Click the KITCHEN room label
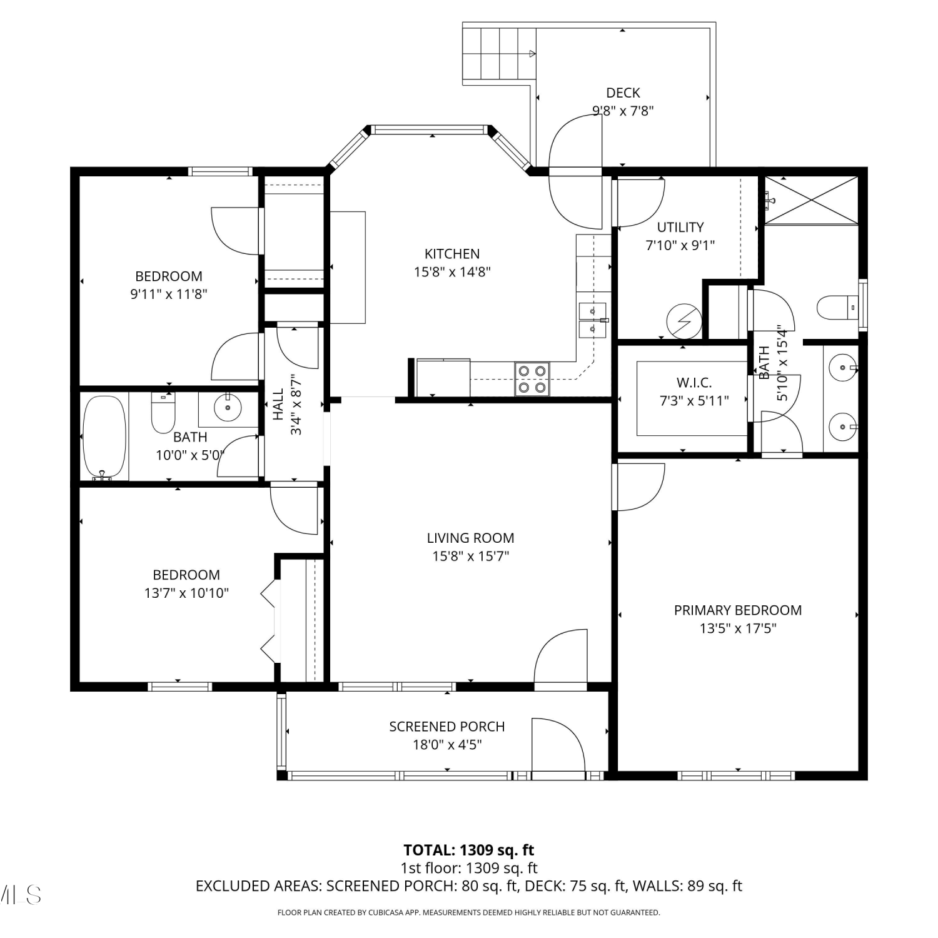pyautogui.click(x=452, y=254)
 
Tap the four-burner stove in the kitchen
pyautogui.click(x=532, y=379)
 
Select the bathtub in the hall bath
pyautogui.click(x=104, y=438)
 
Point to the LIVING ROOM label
pyautogui.click(x=470, y=538)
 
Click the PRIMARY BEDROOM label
pyautogui.click(x=738, y=610)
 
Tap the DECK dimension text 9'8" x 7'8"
pyautogui.click(x=623, y=111)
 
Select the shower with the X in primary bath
pyautogui.click(x=812, y=199)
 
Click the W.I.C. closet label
pyautogui.click(x=694, y=383)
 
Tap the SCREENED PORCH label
pyautogui.click(x=447, y=727)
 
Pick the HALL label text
pyautogui.click(x=278, y=404)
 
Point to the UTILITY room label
pyautogui.click(x=680, y=227)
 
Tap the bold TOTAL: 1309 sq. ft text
pyautogui.click(x=469, y=850)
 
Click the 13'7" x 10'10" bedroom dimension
pyautogui.click(x=186, y=593)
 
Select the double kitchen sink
pyautogui.click(x=592, y=320)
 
